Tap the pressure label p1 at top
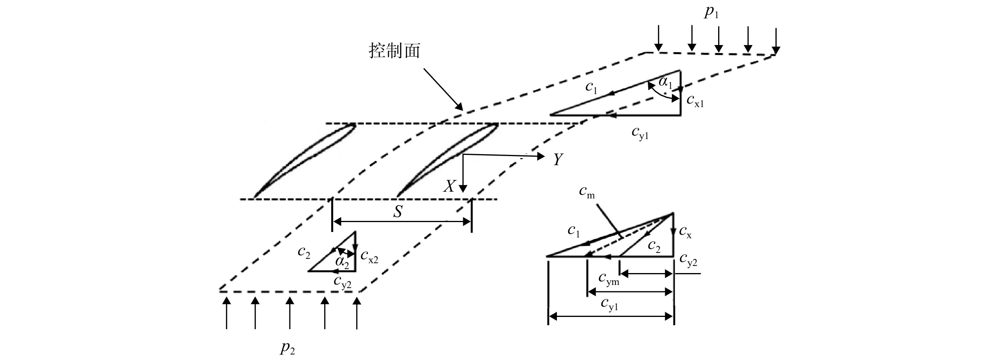[711, 13]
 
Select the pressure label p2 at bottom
[288, 348]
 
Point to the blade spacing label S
[398, 212]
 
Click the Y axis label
[558, 160]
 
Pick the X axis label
[449, 186]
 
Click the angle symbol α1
[666, 83]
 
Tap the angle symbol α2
[342, 261]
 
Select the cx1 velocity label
[695, 102]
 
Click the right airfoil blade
[447, 160]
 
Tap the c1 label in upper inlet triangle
[591, 88]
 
